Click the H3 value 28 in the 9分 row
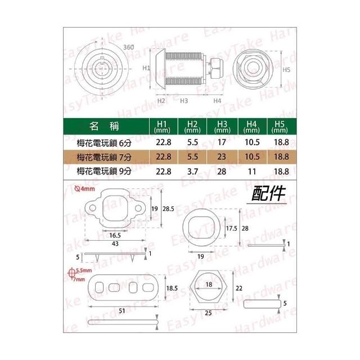coord(222,172)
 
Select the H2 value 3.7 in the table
coord(192,172)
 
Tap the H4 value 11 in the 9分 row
coord(252,172)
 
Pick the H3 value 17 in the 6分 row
coord(222,142)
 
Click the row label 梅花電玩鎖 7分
coord(104,157)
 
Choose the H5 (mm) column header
coord(280,127)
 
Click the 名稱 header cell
coord(105,126)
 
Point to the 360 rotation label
coord(129,47)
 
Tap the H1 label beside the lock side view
coord(146,68)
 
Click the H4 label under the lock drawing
coord(217,101)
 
